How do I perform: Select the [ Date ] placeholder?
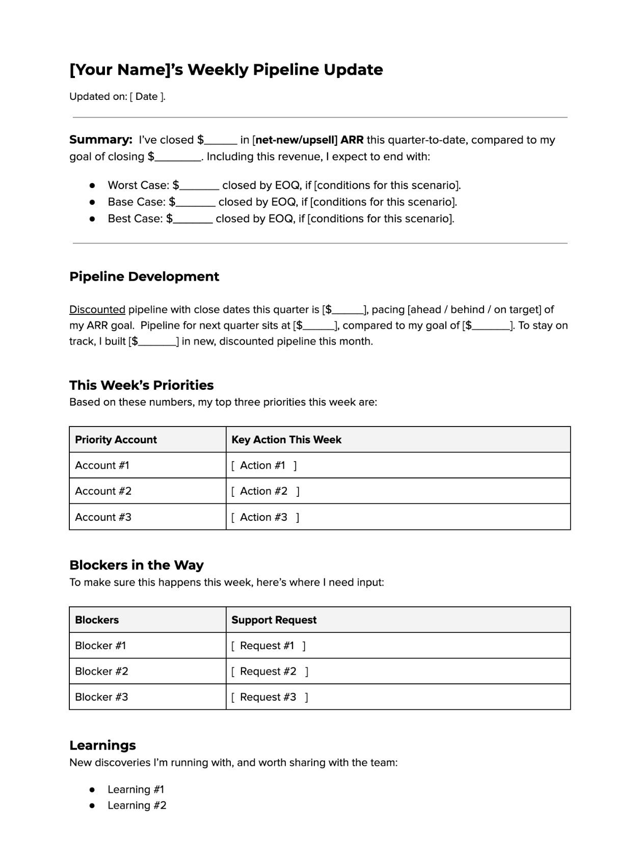pyautogui.click(x=147, y=97)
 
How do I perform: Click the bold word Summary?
pyautogui.click(x=101, y=140)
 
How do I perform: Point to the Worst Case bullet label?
pyautogui.click(x=138, y=185)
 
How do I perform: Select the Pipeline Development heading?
pyautogui.click(x=144, y=277)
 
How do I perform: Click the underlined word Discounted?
pyautogui.click(x=97, y=310)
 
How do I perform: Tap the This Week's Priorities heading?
pyautogui.click(x=141, y=385)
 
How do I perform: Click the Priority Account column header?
pyautogui.click(x=116, y=440)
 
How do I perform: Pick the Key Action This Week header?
pyautogui.click(x=286, y=440)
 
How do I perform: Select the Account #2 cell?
pyautogui.click(x=103, y=491)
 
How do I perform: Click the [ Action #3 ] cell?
pyautogui.click(x=265, y=517)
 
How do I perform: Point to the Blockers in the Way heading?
pyautogui.click(x=136, y=565)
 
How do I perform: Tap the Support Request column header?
pyautogui.click(x=274, y=620)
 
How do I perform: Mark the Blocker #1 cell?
pyautogui.click(x=100, y=646)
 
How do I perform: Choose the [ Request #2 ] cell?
pyautogui.click(x=270, y=672)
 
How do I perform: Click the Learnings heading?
pyautogui.click(x=102, y=745)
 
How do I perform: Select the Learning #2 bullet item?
pyautogui.click(x=137, y=806)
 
